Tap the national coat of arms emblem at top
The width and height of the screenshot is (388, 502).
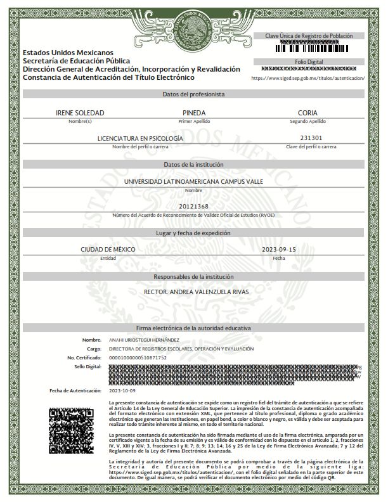tap(193, 29)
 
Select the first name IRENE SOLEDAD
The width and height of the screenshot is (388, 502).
tap(80, 112)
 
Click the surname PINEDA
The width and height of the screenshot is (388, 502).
tap(193, 112)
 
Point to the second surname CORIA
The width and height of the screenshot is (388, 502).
tap(307, 112)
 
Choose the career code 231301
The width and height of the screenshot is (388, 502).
tap(311, 138)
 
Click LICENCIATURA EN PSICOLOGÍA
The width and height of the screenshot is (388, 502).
tap(140, 138)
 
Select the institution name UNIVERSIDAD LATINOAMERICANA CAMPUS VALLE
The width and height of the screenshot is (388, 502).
tap(193, 181)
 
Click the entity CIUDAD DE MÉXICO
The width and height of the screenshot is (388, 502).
tap(108, 250)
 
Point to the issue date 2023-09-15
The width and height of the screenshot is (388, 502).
tap(279, 250)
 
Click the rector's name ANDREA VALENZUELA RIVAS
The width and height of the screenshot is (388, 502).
tap(193, 292)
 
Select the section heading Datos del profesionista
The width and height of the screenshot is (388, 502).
tap(193, 94)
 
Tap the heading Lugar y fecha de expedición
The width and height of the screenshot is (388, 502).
tap(193, 233)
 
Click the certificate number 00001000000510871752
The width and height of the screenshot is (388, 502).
tap(138, 357)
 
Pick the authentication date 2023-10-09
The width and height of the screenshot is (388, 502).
tap(123, 390)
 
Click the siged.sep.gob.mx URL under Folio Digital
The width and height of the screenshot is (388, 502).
tap(308, 78)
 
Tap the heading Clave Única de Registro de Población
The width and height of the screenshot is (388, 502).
tap(309, 36)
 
